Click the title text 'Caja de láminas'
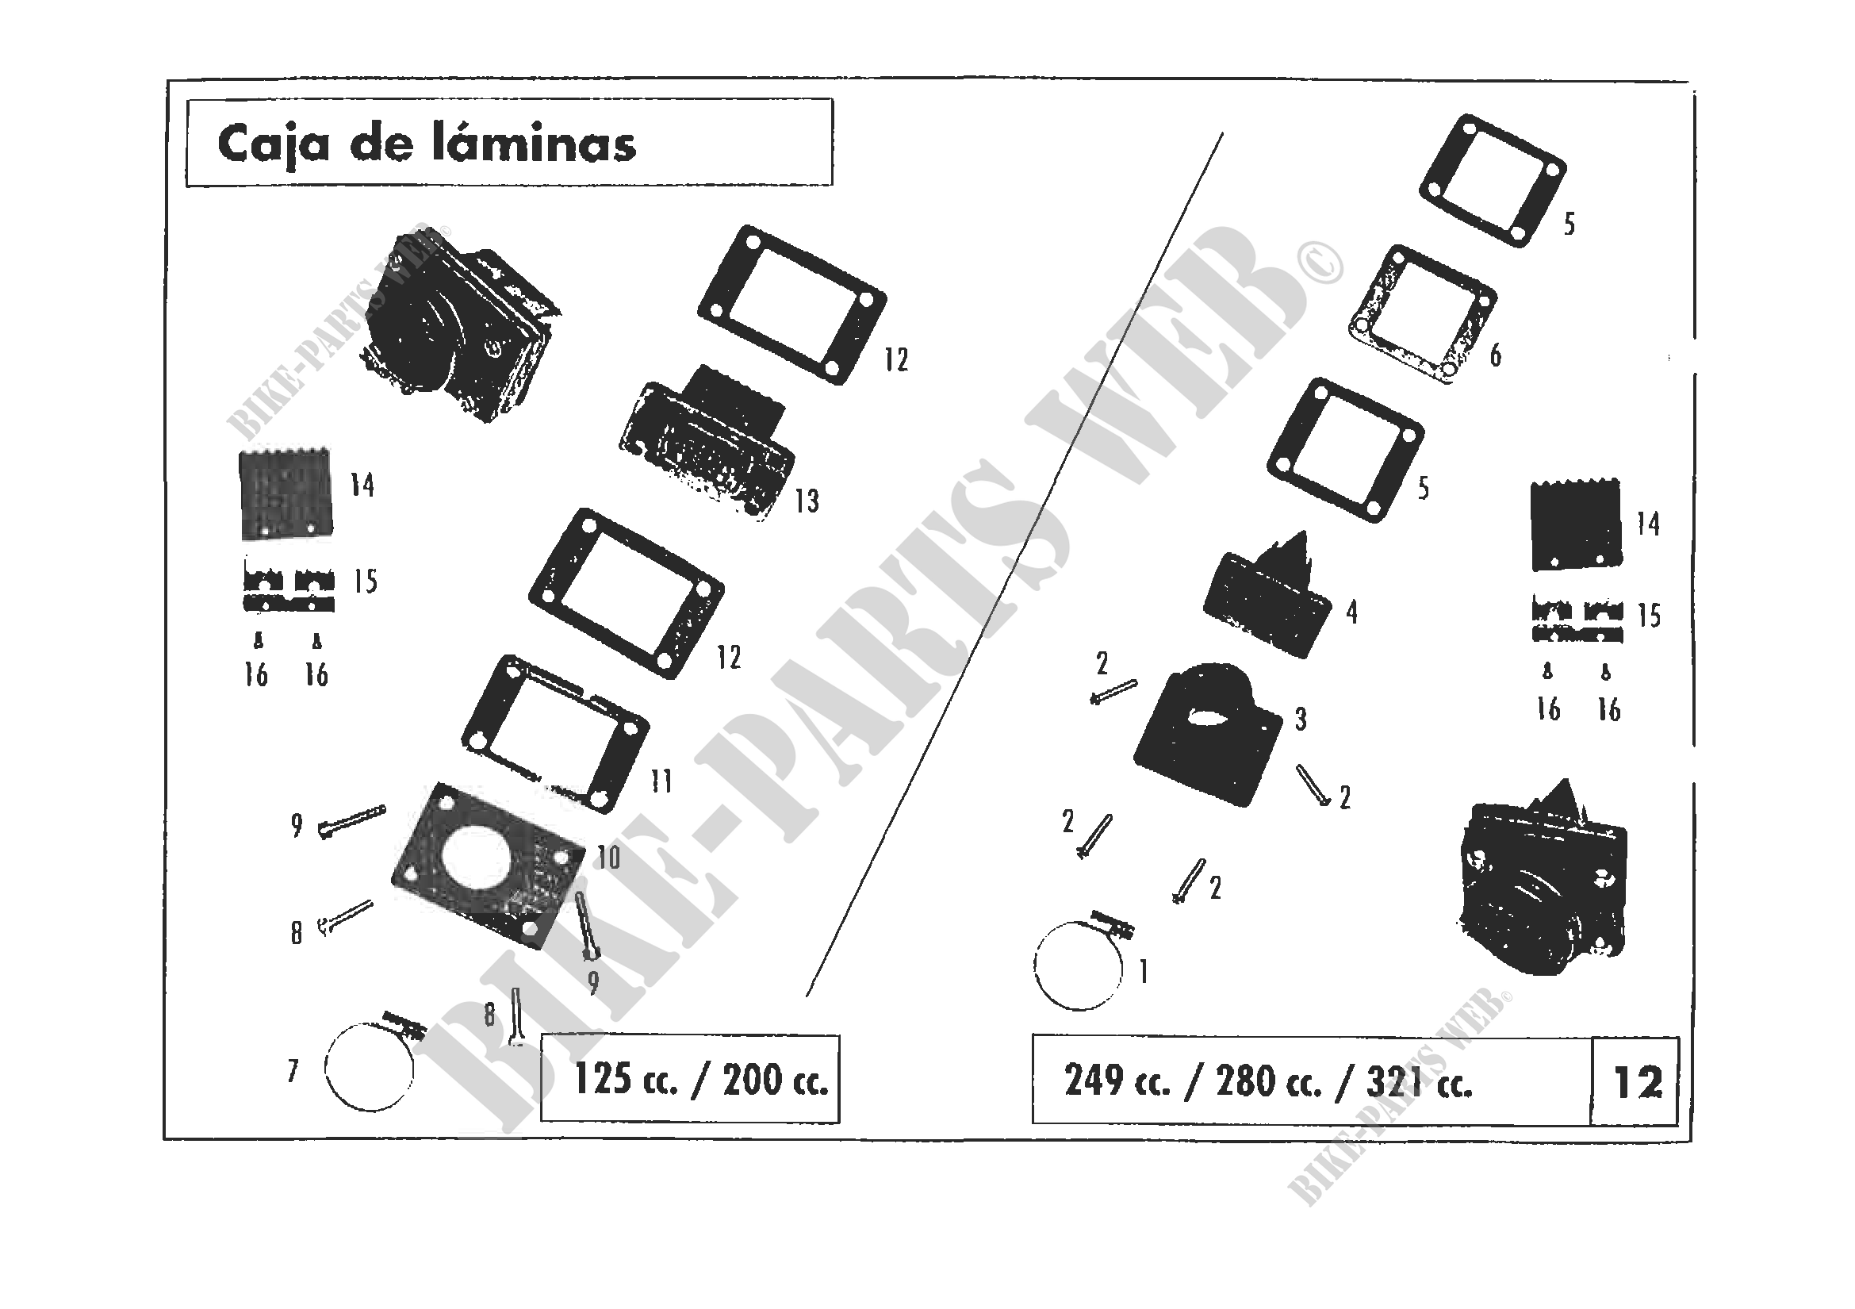point(427,145)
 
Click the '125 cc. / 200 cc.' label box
point(690,1080)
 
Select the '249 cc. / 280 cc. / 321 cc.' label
point(1268,1081)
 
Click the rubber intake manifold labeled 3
point(1208,735)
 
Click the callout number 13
point(807,501)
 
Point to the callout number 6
point(1496,355)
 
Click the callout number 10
point(607,858)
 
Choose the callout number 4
point(1351,612)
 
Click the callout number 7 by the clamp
point(293,1072)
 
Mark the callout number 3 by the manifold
point(1301,719)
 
